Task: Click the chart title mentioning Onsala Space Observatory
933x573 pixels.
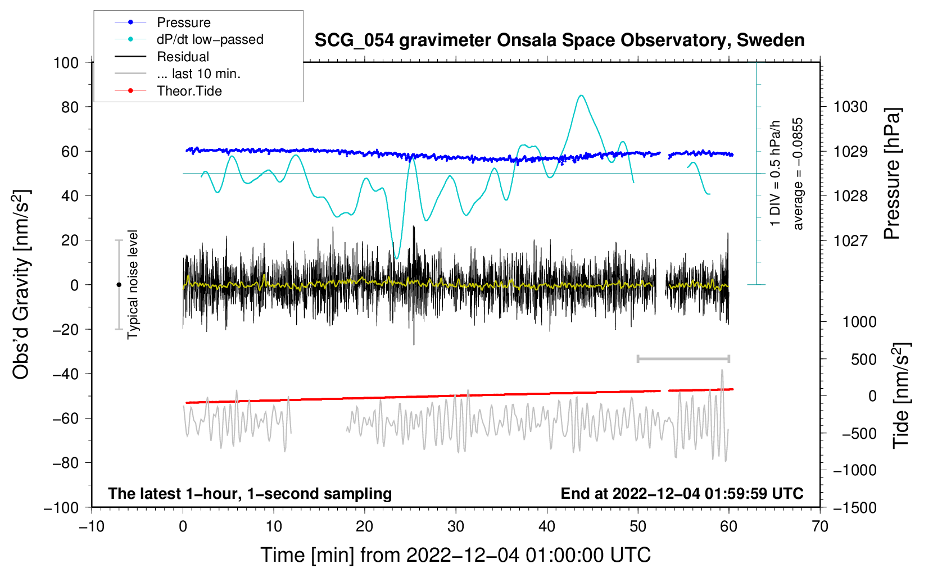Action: pyautogui.click(x=559, y=40)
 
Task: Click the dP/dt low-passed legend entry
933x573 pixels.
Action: pyautogui.click(x=210, y=39)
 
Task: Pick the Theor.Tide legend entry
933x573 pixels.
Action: pyautogui.click(x=189, y=91)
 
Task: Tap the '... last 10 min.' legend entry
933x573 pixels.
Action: pyautogui.click(x=198, y=74)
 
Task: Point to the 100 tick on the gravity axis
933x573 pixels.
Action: pyautogui.click(x=66, y=62)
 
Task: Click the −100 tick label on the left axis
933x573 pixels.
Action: pyautogui.click(x=61, y=507)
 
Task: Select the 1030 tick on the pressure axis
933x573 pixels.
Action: pyautogui.click(x=850, y=107)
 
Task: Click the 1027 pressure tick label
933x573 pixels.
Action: pyautogui.click(x=850, y=240)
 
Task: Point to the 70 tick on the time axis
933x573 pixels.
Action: pyautogui.click(x=820, y=526)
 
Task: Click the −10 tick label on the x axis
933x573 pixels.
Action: pyautogui.click(x=92, y=526)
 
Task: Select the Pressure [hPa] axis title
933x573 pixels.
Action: pyautogui.click(x=892, y=174)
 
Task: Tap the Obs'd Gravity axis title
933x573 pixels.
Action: pyautogui.click(x=21, y=285)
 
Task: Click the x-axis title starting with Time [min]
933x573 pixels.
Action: pyautogui.click(x=455, y=555)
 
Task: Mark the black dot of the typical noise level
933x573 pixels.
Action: pyautogui.click(x=119, y=285)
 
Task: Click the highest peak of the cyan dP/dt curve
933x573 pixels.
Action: pyautogui.click(x=581, y=95)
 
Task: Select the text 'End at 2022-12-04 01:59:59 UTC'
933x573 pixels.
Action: pyautogui.click(x=682, y=494)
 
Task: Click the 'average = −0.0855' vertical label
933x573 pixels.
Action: pyautogui.click(x=798, y=174)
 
